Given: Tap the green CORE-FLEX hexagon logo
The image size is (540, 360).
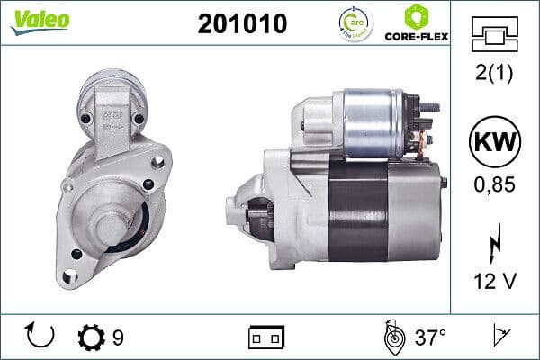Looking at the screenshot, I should click(416, 16).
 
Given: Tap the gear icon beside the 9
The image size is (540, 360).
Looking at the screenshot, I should click(92, 337).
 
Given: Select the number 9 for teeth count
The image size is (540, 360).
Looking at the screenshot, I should click(118, 337).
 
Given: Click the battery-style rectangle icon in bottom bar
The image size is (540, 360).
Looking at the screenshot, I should click(265, 337).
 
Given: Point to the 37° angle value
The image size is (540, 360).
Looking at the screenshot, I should click(430, 337).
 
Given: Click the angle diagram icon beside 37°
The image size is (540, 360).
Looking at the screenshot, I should click(392, 337).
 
